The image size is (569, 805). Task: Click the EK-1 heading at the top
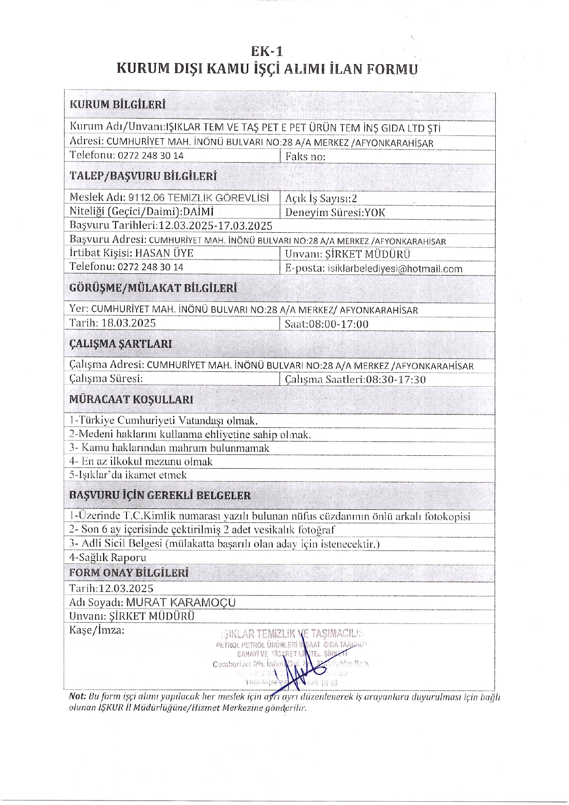[267, 51]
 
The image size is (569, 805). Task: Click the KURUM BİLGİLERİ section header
[117, 104]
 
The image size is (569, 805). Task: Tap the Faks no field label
[305, 157]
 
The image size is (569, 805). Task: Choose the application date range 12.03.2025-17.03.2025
[215, 226]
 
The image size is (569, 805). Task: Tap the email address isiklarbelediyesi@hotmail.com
[395, 269]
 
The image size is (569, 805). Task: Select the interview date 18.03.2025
[129, 323]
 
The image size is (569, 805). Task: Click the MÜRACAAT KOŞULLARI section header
[131, 399]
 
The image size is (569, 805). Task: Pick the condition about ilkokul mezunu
[141, 462]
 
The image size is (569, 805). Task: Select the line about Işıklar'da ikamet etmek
[128, 475]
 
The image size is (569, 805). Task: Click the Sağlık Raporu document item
[108, 558]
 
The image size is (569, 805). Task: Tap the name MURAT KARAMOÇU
[181, 602]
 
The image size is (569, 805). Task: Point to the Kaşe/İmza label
[97, 630]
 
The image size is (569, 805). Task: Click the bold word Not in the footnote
[77, 697]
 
